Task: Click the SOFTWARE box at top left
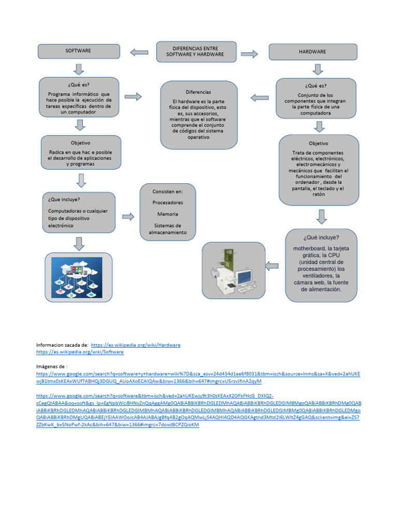point(78,51)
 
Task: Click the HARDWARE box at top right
point(312,52)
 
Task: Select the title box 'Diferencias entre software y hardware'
point(196,51)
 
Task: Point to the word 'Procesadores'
point(167,202)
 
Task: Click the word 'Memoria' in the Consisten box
point(167,214)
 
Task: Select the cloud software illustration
point(78,277)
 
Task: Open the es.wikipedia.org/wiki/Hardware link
point(135,345)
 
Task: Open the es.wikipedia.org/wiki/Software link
point(80,352)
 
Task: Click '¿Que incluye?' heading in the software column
point(64,199)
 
